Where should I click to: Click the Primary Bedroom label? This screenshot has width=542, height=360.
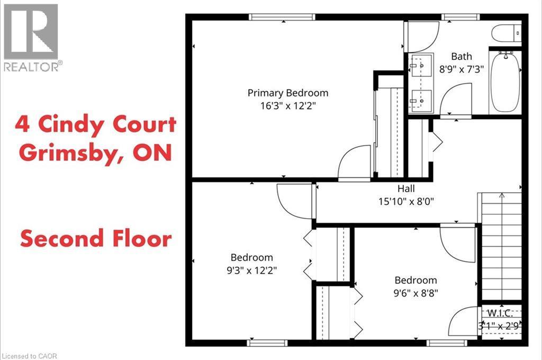click(x=288, y=93)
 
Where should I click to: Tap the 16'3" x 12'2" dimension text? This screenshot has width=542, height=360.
click(x=288, y=105)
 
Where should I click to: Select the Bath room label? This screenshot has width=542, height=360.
click(x=461, y=56)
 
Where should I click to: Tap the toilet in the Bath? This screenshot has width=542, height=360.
click(x=507, y=34)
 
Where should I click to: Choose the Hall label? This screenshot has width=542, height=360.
click(x=406, y=188)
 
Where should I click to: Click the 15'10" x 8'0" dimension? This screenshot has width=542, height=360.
click(x=406, y=201)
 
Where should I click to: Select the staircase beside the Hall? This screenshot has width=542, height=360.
click(x=500, y=246)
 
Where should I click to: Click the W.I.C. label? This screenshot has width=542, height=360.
click(x=501, y=312)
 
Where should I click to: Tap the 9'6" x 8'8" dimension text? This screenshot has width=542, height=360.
click(x=416, y=292)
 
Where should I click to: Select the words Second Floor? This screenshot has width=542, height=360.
click(x=96, y=239)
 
